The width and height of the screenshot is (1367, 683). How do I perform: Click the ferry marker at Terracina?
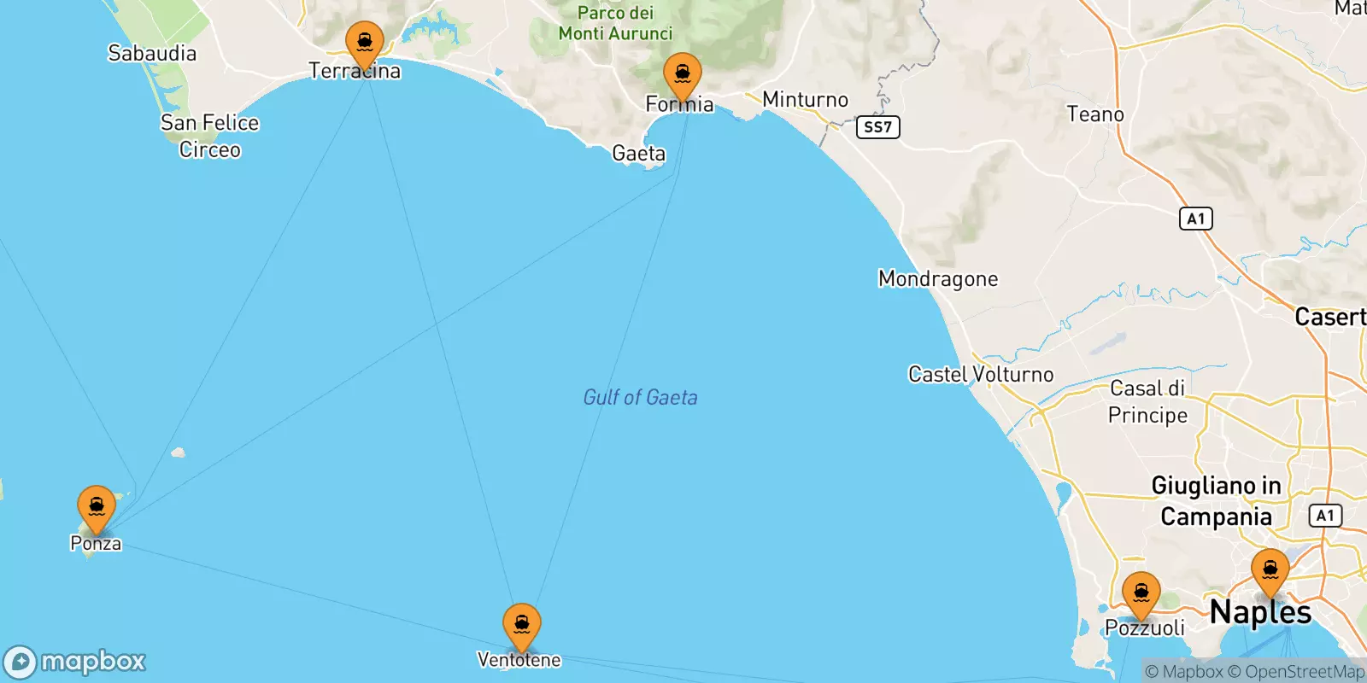(365, 43)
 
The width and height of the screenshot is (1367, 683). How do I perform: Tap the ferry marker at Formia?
(682, 75)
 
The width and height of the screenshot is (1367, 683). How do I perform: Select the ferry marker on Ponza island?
(97, 507)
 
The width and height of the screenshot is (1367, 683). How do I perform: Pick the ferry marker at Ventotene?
(521, 625)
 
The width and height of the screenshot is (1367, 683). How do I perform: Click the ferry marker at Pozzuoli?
(1141, 593)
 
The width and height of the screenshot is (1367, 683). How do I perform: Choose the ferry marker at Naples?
(1270, 570)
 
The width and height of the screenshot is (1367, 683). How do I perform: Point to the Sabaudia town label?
(152, 53)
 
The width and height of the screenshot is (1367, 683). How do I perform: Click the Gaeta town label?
(638, 154)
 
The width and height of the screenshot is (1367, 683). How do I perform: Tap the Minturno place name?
(805, 100)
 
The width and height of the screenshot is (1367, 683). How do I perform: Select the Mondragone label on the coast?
(938, 279)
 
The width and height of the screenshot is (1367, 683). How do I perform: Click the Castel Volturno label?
(981, 374)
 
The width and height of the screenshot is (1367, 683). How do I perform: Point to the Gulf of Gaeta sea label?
(640, 397)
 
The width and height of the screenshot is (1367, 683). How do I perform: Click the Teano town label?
(1095, 114)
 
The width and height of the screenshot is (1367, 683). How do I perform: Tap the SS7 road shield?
(877, 127)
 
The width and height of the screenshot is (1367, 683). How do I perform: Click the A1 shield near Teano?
(1195, 219)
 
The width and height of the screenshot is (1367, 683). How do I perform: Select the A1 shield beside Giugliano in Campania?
(1325, 516)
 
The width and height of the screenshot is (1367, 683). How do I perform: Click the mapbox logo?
(75, 662)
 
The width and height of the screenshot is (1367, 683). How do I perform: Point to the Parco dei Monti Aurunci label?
(615, 23)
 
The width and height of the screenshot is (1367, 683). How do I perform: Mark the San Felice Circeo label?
(209, 136)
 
